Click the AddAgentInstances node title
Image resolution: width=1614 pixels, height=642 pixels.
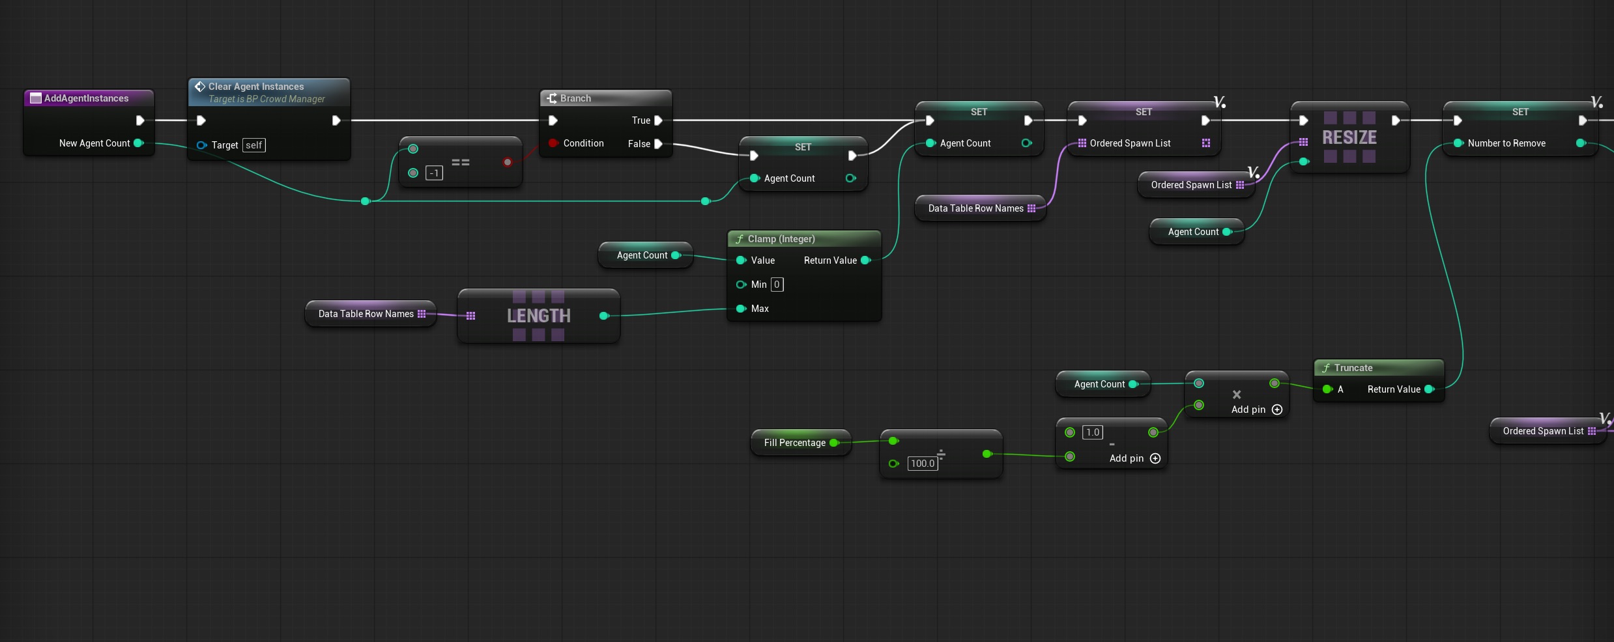(x=86, y=98)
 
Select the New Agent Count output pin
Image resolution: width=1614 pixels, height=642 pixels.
(x=138, y=143)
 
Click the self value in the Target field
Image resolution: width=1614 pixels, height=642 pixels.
(x=254, y=145)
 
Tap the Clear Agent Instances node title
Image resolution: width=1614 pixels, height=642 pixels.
(x=256, y=87)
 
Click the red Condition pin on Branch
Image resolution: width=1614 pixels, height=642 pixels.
(x=553, y=143)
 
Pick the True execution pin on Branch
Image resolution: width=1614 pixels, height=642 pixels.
(x=658, y=120)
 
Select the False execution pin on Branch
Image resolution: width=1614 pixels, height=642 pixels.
(x=658, y=144)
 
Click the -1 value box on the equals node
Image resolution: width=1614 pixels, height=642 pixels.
(x=434, y=173)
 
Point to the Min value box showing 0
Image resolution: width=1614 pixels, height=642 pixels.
(x=777, y=285)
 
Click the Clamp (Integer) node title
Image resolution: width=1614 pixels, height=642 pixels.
(x=781, y=239)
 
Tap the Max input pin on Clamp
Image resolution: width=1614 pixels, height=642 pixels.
(x=741, y=309)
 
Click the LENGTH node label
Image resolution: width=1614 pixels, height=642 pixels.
(x=539, y=316)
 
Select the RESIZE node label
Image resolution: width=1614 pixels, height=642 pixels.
(x=1349, y=137)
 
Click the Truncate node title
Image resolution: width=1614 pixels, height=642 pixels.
(x=1353, y=368)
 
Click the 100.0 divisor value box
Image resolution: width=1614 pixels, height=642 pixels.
(x=923, y=464)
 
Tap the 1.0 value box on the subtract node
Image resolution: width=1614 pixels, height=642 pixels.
(x=1093, y=432)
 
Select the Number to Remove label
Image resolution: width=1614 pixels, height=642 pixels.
(x=1506, y=143)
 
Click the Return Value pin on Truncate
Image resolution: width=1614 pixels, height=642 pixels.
(x=1430, y=389)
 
